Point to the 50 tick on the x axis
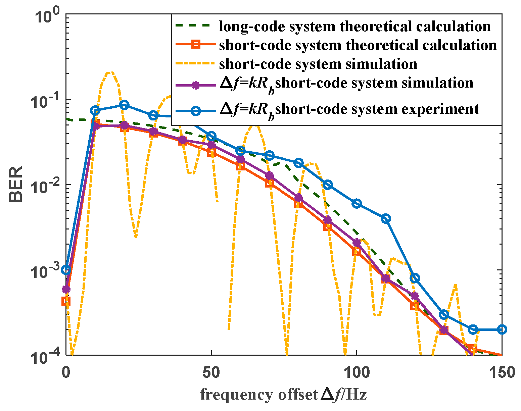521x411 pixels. point(211,372)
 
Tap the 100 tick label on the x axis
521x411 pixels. point(357,372)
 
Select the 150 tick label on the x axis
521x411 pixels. point(502,372)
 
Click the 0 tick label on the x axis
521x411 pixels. point(66,372)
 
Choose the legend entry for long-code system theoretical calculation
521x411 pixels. point(354,26)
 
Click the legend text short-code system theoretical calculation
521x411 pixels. point(358,45)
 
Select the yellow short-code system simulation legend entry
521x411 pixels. point(318,64)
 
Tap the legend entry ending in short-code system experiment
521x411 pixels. point(349,109)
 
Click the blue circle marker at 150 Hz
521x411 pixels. point(502,329)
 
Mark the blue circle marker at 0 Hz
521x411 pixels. point(66,270)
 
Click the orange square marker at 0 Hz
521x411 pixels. point(66,301)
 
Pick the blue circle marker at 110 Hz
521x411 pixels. point(386,219)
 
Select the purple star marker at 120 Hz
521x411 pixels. point(415,296)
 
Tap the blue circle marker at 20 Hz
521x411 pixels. point(124,105)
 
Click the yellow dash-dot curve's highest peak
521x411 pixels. point(110,72)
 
